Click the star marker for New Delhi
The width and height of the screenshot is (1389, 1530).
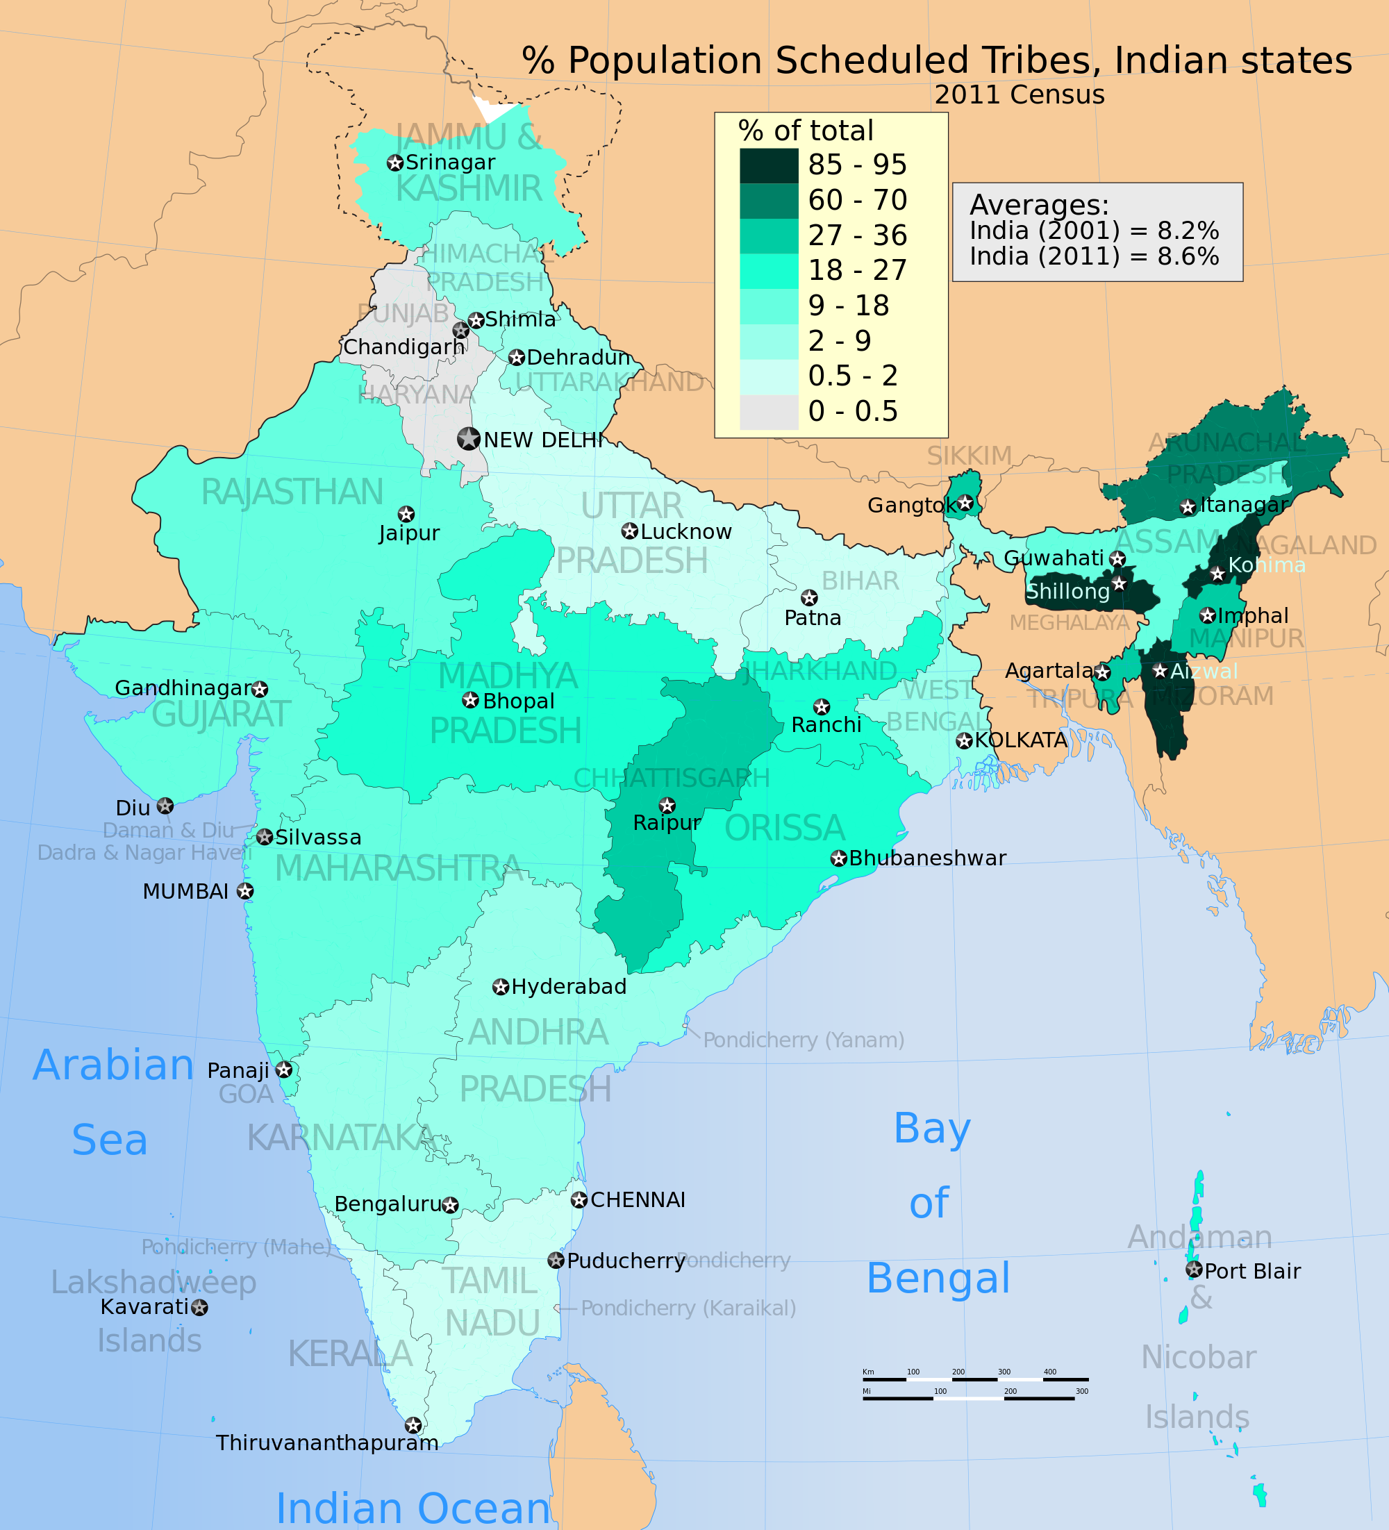468,439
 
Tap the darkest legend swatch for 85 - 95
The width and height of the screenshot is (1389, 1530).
769,165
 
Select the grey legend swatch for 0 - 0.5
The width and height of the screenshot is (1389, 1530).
769,412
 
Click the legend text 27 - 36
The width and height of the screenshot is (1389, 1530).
857,235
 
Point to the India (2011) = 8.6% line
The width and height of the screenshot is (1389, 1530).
1094,256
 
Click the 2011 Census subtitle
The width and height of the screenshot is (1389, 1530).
1019,95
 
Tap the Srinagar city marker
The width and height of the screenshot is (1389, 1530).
394,163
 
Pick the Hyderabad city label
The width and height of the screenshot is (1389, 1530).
569,987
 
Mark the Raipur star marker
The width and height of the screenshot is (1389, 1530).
667,805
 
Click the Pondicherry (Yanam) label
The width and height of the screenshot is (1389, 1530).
803,1040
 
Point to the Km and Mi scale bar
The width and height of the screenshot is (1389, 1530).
974,1386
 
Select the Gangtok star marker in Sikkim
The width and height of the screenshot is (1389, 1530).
965,503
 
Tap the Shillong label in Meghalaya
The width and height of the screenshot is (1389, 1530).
1067,591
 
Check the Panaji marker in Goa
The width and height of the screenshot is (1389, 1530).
284,1070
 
